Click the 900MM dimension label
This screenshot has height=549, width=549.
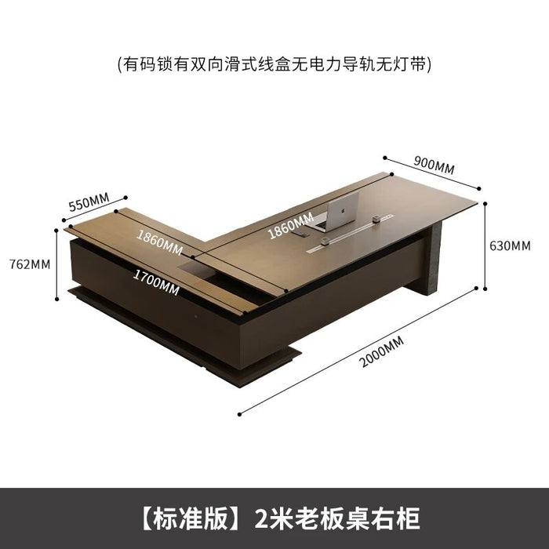(x=434, y=165)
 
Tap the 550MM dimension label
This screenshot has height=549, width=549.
(x=89, y=202)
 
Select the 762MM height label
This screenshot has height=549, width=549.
(x=30, y=264)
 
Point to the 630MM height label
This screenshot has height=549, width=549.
(x=510, y=245)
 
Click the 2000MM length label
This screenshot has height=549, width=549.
(x=382, y=351)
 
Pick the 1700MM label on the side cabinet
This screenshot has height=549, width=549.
(x=156, y=283)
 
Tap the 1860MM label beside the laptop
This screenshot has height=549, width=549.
(x=291, y=226)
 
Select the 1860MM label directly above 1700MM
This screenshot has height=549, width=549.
(x=159, y=242)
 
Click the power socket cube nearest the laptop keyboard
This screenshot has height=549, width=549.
(x=325, y=241)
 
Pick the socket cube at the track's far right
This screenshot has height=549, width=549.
(x=376, y=219)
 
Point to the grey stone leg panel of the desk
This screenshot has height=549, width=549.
(x=434, y=258)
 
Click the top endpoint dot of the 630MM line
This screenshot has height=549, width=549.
(x=485, y=203)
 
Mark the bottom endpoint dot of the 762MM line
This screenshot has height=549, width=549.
(x=57, y=299)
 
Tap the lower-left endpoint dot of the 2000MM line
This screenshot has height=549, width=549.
(x=239, y=415)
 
